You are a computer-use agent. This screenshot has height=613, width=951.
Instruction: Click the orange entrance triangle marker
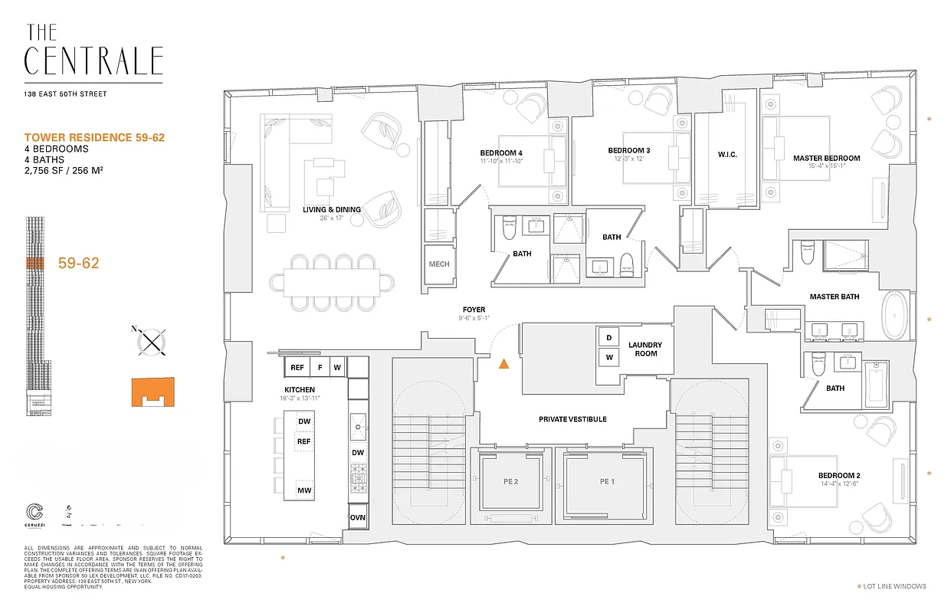coord(503,365)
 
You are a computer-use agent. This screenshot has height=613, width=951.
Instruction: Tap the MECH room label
coord(439,264)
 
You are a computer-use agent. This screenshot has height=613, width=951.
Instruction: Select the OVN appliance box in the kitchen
coord(358,517)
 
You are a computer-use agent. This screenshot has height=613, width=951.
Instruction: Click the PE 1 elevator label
coord(608,481)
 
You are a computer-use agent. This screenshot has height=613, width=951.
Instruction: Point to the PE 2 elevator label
coord(511,481)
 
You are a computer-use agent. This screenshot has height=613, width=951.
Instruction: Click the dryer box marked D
coord(609,338)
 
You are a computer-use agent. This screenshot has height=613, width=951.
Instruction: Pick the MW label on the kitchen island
coord(304,490)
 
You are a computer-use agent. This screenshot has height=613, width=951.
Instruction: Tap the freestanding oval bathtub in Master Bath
coord(894,315)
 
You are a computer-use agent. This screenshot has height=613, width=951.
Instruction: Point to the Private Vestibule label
coord(572,419)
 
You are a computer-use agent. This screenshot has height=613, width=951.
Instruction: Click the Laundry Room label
coord(645,349)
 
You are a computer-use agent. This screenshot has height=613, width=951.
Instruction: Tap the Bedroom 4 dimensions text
coord(501,161)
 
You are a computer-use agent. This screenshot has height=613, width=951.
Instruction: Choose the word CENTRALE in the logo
coord(93,61)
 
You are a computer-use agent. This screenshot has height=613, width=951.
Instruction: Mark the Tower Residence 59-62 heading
coord(94,137)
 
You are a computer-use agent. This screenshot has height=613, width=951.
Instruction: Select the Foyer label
coord(474,310)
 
